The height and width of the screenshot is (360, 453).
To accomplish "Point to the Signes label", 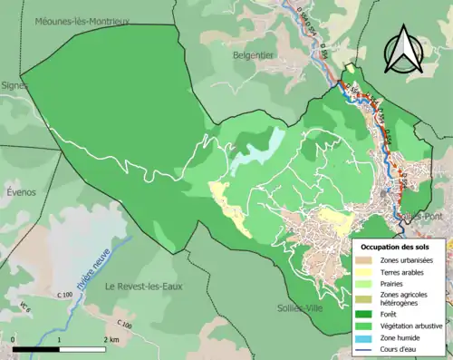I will (x=14, y=85).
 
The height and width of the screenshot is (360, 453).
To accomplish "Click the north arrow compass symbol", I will (x=403, y=51).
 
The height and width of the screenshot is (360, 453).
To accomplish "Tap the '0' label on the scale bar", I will (x=14, y=339).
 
